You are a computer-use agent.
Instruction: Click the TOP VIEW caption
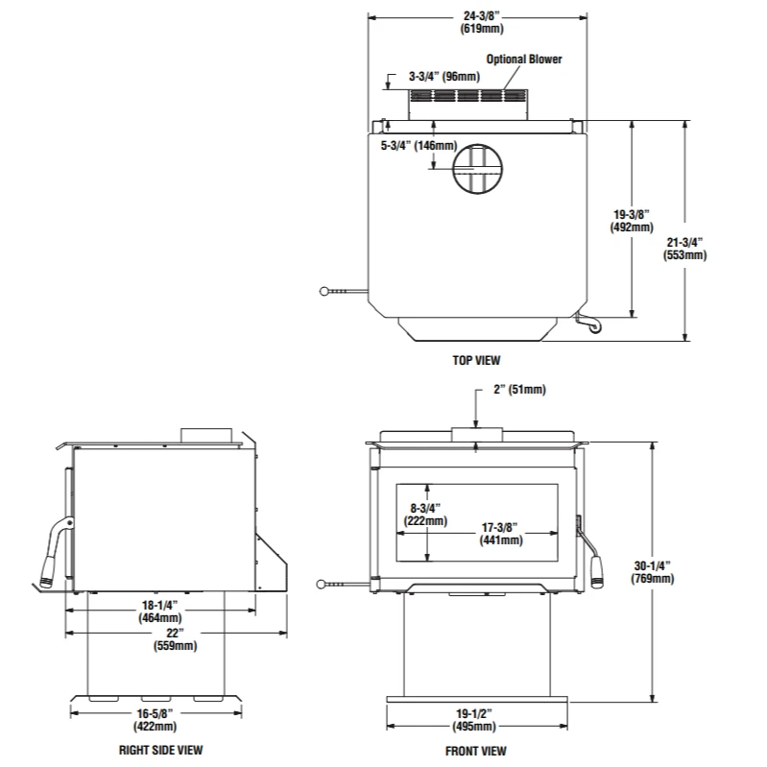[x=476, y=360]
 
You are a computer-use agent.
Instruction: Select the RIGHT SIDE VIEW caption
[x=160, y=750]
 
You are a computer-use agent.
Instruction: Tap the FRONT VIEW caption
[x=475, y=751]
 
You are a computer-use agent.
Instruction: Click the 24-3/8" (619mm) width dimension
[x=476, y=22]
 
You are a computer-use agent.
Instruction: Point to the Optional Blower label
[x=523, y=60]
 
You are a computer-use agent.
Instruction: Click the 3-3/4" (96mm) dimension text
[x=443, y=76]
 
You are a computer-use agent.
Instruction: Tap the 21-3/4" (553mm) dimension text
[x=684, y=249]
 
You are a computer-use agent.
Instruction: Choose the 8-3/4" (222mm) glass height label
[x=425, y=515]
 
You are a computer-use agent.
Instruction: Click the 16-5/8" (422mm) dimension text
[x=156, y=720]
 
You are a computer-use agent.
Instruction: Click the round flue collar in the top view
[x=476, y=169]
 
